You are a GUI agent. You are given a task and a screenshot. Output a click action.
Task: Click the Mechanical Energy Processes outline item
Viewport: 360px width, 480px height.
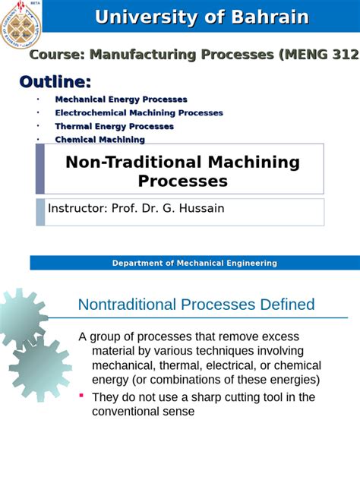121,99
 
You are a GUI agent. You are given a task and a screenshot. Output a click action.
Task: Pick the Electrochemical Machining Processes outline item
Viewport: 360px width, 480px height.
139,113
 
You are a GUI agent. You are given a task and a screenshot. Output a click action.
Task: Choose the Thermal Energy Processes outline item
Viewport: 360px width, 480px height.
114,126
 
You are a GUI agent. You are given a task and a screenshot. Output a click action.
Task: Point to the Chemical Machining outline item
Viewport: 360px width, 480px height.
99,140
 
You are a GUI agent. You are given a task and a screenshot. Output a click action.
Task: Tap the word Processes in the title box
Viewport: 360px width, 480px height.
182,181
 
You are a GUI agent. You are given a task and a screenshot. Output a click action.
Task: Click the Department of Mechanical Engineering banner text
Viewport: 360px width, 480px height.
194,263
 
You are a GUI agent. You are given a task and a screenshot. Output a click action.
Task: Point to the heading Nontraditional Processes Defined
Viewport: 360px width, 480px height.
196,305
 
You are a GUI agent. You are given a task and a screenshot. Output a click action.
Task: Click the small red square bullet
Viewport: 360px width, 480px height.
81,396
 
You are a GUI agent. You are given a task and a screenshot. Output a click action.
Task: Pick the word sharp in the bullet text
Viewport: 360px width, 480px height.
214,397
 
